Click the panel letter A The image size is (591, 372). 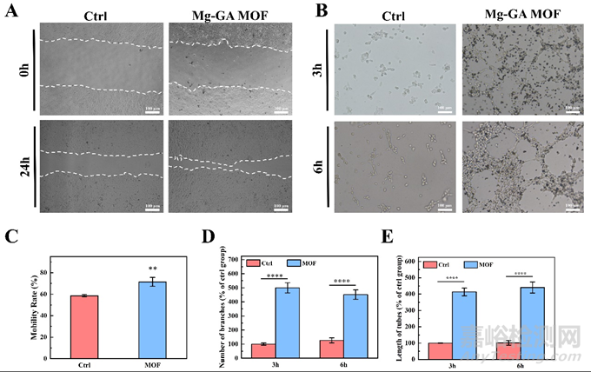tap(11, 13)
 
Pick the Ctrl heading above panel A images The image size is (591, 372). tap(97, 16)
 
